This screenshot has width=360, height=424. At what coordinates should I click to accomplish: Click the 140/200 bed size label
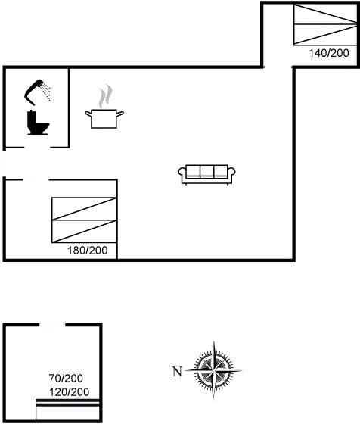329,53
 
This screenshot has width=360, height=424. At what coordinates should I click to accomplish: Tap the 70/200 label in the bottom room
66,379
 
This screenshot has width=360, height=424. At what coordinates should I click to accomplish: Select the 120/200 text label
69,392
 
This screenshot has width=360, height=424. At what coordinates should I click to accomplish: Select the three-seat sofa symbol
207,174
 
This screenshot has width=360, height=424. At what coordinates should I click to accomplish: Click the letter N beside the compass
177,371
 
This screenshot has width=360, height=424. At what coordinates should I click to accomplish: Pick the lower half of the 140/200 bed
326,34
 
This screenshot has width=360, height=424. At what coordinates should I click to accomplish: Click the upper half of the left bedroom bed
83,208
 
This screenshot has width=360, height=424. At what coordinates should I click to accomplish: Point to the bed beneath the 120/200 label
68,410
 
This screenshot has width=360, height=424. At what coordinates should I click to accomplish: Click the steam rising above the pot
105,97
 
